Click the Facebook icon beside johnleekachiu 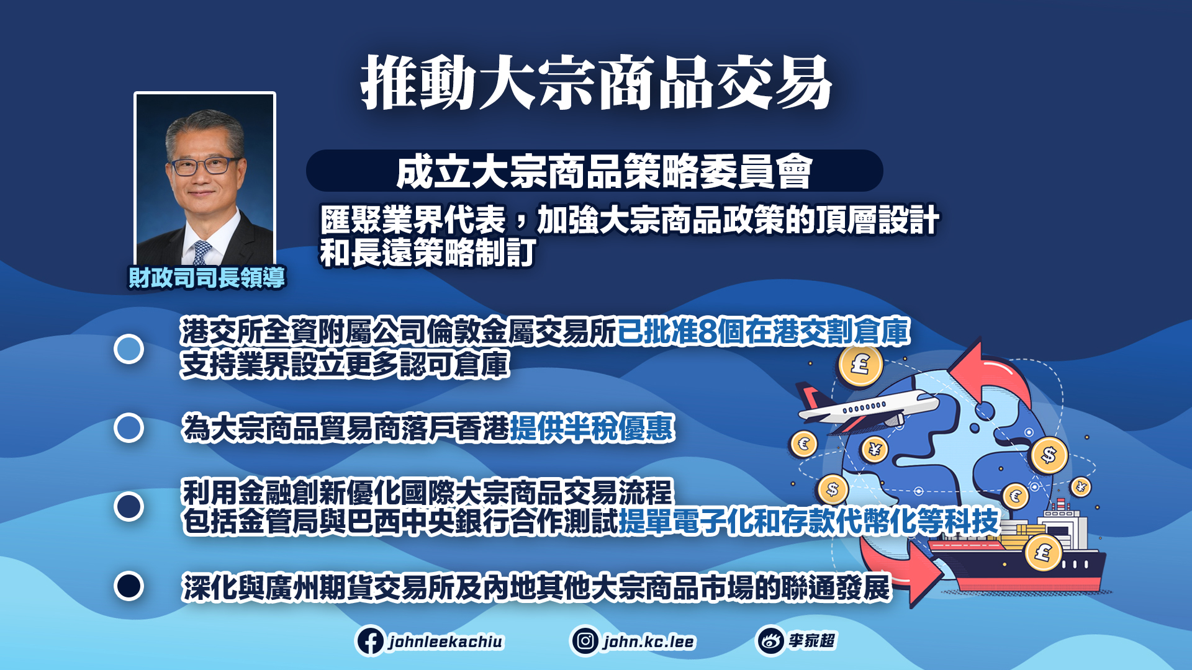coord(371,641)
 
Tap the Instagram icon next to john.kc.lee coord(585,641)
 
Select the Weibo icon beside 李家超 coord(770,641)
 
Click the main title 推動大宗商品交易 coord(596,83)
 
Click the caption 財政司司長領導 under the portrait coord(206,277)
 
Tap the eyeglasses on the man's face coord(204,166)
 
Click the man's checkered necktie coord(202,252)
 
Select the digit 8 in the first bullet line coord(707,331)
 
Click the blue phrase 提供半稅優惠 coord(592,428)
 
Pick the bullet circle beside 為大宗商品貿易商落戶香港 coord(129,428)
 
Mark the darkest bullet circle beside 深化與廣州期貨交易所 coord(129,586)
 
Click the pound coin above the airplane coord(860,365)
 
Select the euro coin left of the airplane coord(804,444)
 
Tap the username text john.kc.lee coord(649,641)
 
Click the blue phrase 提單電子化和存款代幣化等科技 coord(808,521)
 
